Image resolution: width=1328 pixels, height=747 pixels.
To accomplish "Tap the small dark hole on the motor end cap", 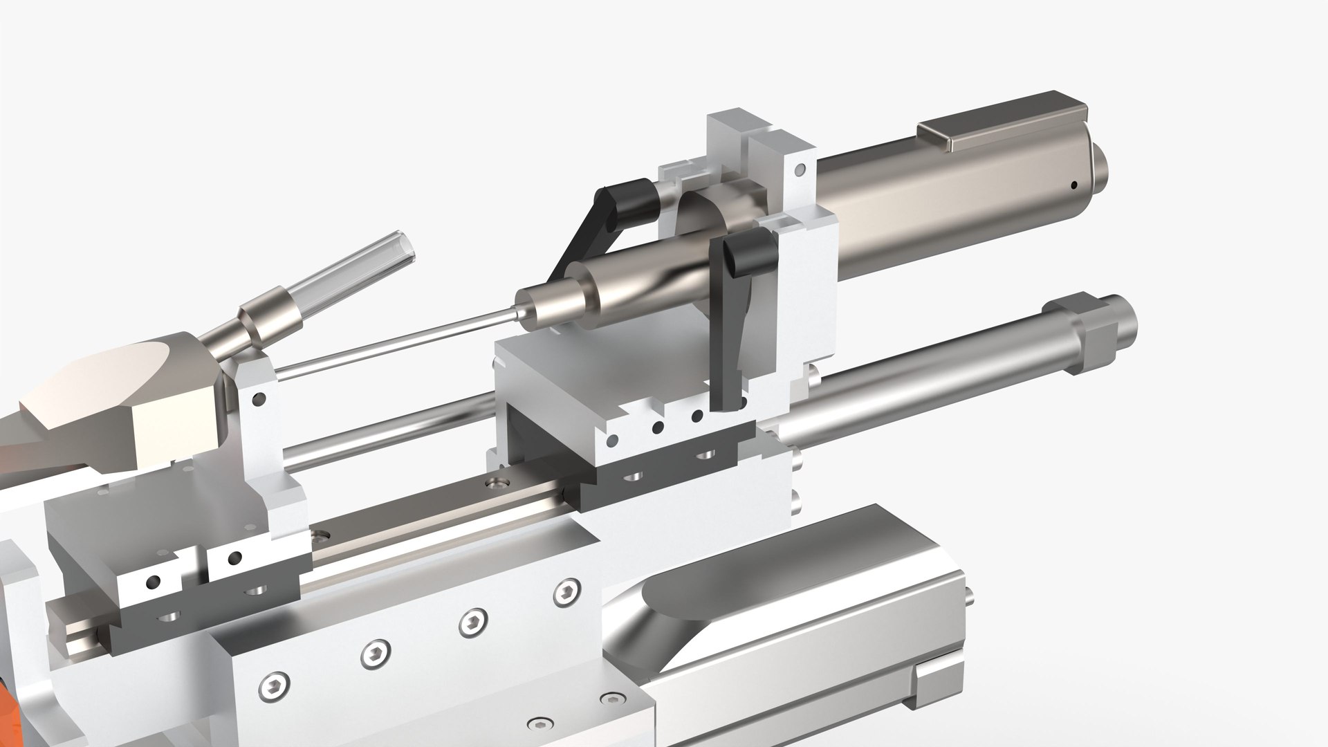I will coord(1073,185).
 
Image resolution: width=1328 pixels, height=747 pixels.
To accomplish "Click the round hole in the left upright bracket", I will coord(260,398).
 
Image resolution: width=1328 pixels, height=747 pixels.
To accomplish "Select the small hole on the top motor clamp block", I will coord(800,168).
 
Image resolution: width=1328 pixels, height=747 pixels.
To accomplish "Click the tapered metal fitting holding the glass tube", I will coord(266,319).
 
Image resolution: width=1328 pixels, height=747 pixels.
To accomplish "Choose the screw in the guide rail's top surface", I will coord(496,479).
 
